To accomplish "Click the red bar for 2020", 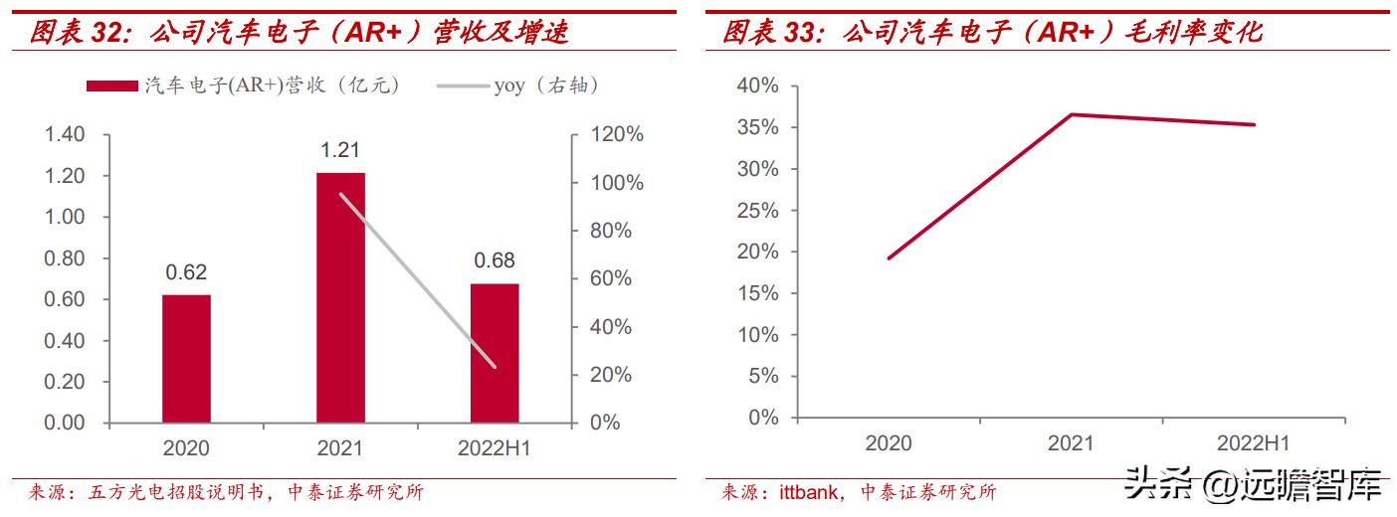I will pos(186,358).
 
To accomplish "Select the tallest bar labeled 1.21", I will pos(340,297).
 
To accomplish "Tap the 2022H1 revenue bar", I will pos(495,353).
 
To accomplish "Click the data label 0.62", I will pos(186,272).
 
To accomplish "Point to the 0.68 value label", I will pos(495,261).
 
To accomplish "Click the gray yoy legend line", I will pos(463,86).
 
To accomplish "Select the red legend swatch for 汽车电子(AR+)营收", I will pos(111,86).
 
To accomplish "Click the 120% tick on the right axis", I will pos(617,134).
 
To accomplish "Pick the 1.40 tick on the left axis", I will pos(64,134).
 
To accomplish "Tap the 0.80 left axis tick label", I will pos(64,258).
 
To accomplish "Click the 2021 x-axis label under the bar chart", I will pos(340,448).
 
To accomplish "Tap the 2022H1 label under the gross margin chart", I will pos(1253,443).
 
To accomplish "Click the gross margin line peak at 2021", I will pos(1071,114).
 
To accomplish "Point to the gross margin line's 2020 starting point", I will pos(889,258).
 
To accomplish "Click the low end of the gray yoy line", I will pos(495,367).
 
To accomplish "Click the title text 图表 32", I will pos(80,32).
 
